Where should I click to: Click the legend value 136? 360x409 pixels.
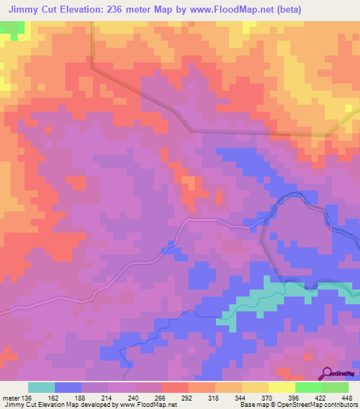coord(26,397)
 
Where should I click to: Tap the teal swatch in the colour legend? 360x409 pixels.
coord(41,387)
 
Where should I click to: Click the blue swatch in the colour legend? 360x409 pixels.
coord(67,387)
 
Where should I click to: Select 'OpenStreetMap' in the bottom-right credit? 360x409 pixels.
coord(300,405)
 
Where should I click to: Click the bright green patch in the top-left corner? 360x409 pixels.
coord(12,28)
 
